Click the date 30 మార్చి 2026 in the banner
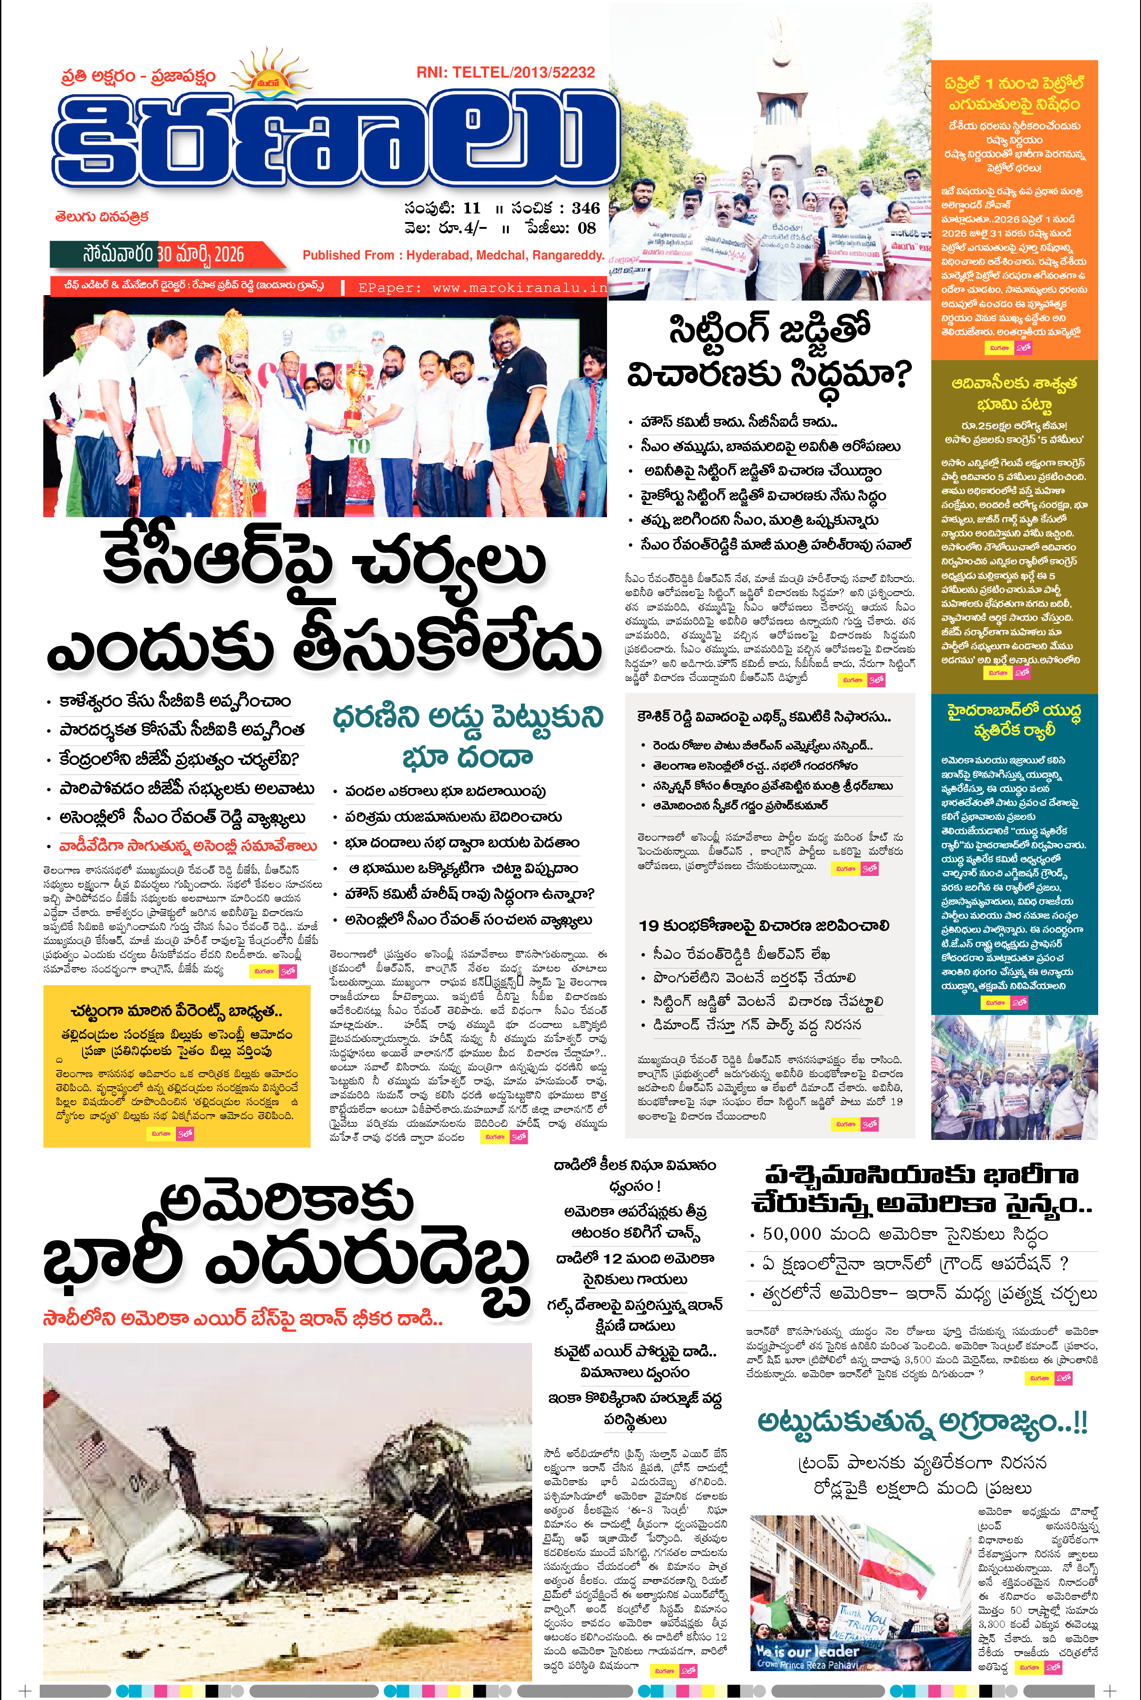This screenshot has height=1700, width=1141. coord(201,254)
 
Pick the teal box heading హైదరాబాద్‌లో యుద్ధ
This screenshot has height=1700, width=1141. coord(1014,710)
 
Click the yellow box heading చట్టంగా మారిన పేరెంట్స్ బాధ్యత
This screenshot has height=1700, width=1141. coord(177,1011)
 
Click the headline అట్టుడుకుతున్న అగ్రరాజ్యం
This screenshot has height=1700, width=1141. coord(923,1421)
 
